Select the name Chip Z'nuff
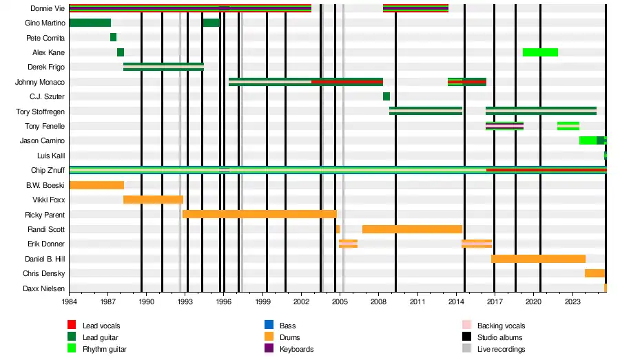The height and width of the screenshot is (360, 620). [x=48, y=170]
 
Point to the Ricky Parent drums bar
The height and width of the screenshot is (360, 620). [x=259, y=214]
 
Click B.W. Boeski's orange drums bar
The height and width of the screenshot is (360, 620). [x=96, y=185]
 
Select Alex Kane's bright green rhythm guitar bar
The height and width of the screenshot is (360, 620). [x=540, y=52]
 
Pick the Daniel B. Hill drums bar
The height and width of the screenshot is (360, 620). [x=538, y=259]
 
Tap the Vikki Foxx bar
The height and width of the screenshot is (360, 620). [x=153, y=200]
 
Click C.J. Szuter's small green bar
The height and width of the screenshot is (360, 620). [x=386, y=96]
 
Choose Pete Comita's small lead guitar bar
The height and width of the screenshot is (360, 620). [x=113, y=37]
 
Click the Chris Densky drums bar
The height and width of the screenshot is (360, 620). [x=595, y=273]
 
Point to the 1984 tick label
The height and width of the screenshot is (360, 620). [x=69, y=301]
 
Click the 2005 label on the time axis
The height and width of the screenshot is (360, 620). [x=340, y=301]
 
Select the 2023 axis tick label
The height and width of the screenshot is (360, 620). [x=572, y=301]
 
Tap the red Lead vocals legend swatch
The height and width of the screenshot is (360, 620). [x=71, y=326]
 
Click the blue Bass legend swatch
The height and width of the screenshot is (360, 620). [x=269, y=326]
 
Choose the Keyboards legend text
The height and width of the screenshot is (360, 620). [x=296, y=349]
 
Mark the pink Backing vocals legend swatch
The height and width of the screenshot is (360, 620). [x=466, y=326]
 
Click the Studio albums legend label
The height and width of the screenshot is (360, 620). [x=500, y=337]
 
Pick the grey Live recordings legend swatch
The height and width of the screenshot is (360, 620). [x=466, y=349]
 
